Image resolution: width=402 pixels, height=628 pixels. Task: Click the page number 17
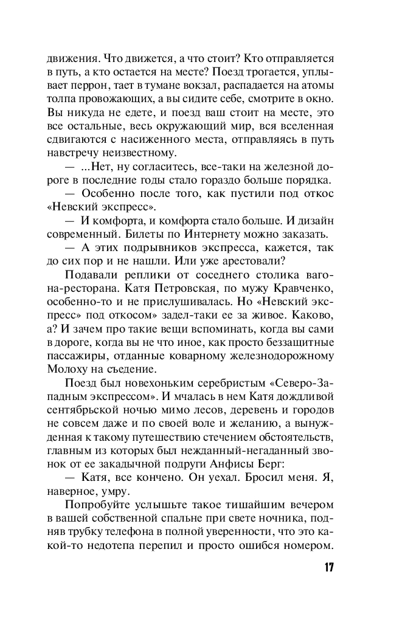point(328,568)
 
